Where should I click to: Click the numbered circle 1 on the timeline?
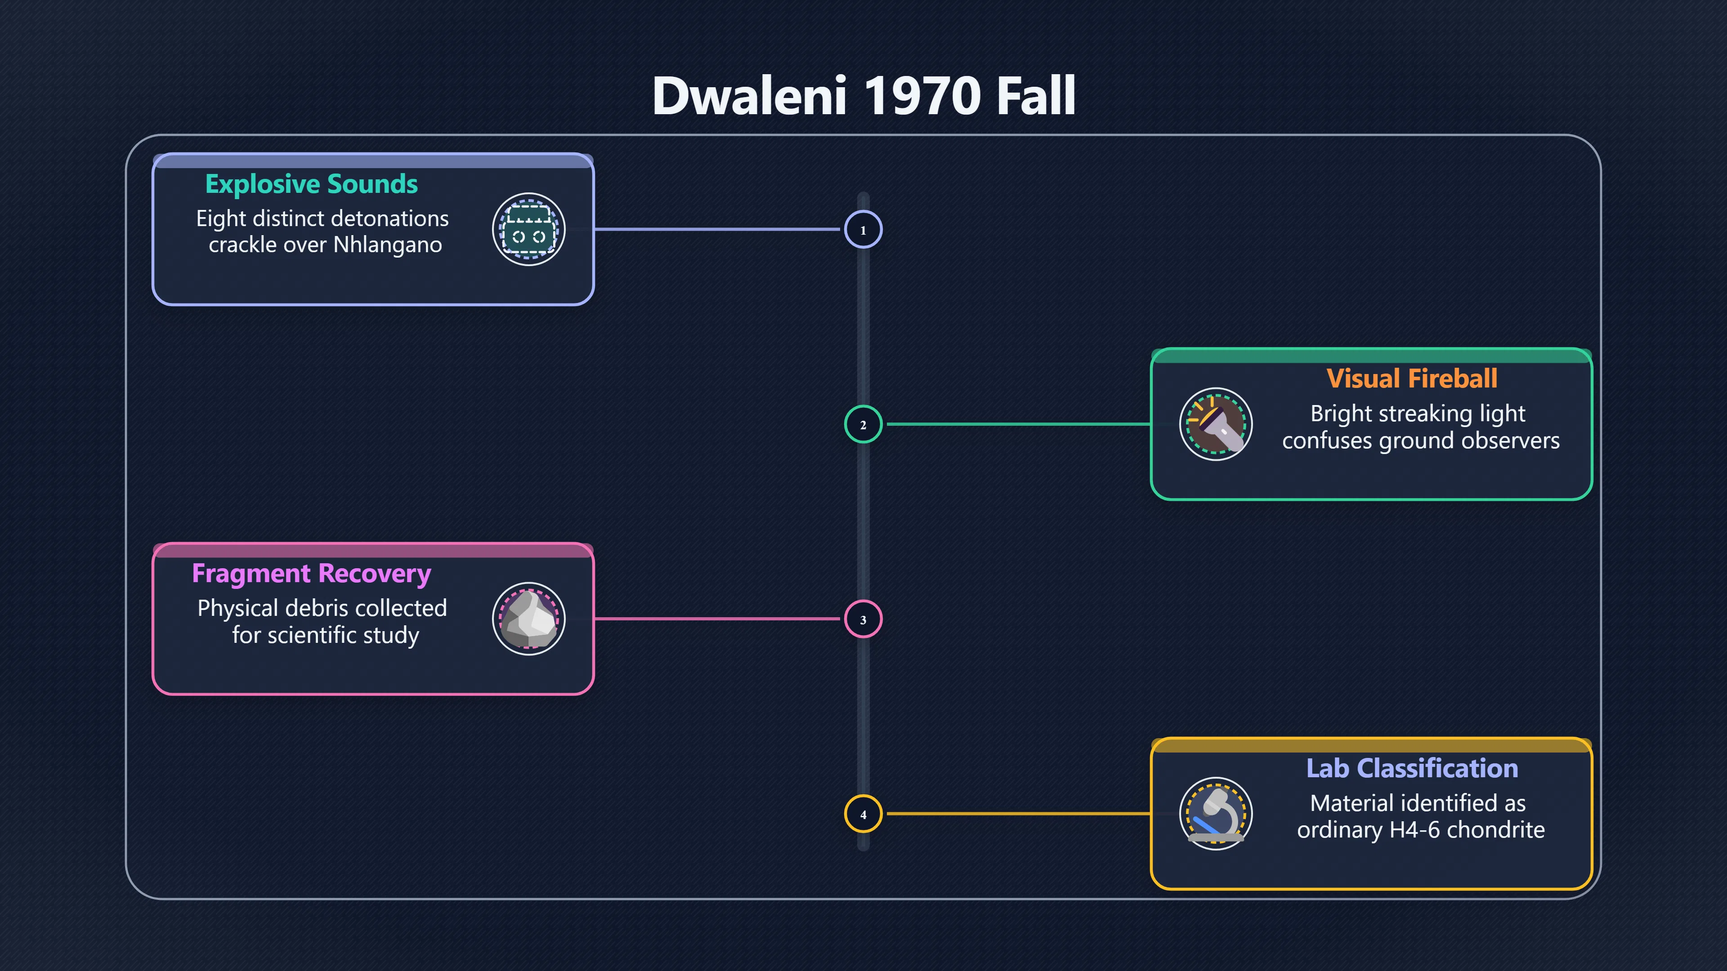pyautogui.click(x=863, y=229)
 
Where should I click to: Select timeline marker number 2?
pyautogui.click(x=863, y=424)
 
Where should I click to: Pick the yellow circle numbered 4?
pyautogui.click(x=863, y=814)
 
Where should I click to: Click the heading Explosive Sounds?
pyautogui.click(x=311, y=184)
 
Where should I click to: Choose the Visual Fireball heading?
pyautogui.click(x=1411, y=379)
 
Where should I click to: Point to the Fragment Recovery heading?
pyautogui.click(x=311, y=575)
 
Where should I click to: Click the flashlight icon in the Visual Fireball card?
pyautogui.click(x=1216, y=424)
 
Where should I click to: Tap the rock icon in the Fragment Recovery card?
pyautogui.click(x=529, y=619)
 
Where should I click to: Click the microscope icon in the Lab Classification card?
pyautogui.click(x=1216, y=814)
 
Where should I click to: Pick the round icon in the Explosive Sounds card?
pyautogui.click(x=529, y=229)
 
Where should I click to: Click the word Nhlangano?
pyautogui.click(x=388, y=245)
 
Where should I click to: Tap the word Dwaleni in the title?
pyautogui.click(x=750, y=96)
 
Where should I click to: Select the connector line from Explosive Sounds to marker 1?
pyautogui.click(x=717, y=229)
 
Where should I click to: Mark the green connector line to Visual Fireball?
pyautogui.click(x=1019, y=424)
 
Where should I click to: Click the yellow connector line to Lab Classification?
pyautogui.click(x=1019, y=814)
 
